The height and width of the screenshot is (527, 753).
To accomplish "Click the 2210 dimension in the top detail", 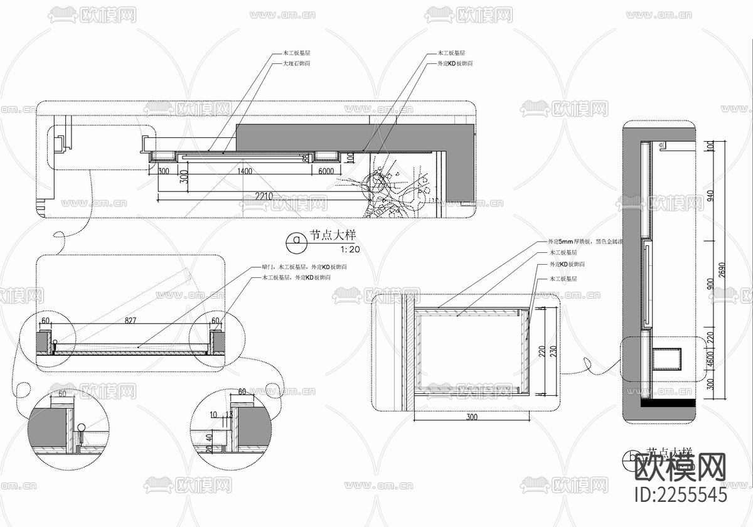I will tap(264, 196).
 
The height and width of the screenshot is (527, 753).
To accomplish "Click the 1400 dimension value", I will tap(245, 171).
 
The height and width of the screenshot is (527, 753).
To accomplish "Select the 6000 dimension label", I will tap(326, 171).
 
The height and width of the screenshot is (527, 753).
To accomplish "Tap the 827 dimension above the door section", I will tap(130, 321).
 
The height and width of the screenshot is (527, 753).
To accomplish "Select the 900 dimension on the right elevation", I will tap(710, 284).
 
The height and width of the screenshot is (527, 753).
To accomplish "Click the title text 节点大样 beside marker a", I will tap(333, 236).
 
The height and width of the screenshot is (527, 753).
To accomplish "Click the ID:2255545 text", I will tap(681, 495).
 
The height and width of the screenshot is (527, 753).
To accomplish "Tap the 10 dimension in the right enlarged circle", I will tap(215, 415).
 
